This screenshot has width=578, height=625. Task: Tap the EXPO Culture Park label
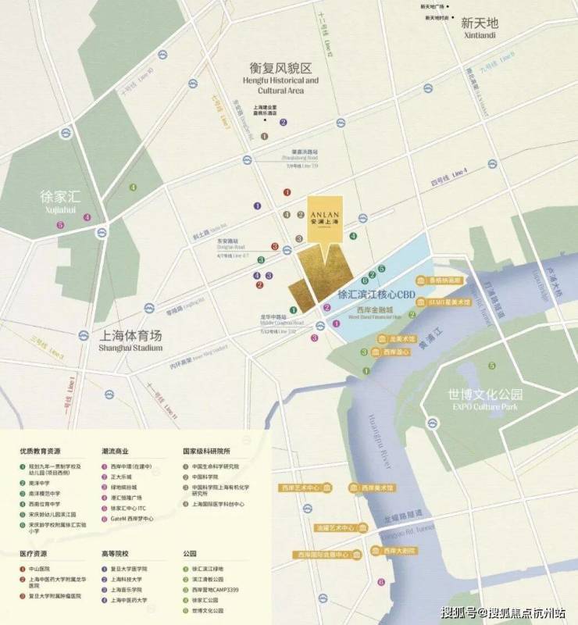coord(479,400)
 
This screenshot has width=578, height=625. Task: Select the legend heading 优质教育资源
coord(41,451)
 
